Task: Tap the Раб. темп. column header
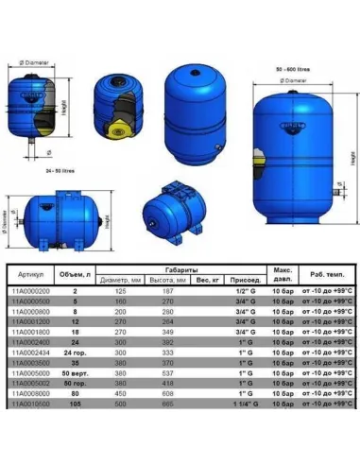point(323,274)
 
